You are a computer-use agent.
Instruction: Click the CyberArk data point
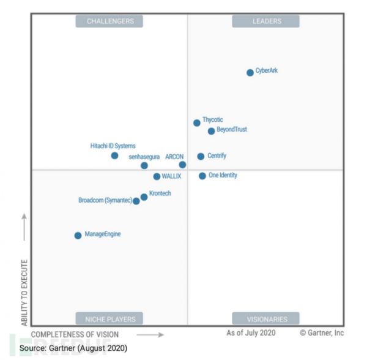(x=250, y=73)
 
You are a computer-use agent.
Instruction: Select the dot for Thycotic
(x=196, y=123)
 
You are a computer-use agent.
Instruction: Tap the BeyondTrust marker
(x=211, y=131)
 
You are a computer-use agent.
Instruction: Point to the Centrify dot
(x=201, y=157)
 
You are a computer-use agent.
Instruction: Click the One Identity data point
(x=202, y=176)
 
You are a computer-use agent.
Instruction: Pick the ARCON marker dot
(x=182, y=165)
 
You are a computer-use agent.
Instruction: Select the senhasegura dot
(x=144, y=165)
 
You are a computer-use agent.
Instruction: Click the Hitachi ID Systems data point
(x=114, y=156)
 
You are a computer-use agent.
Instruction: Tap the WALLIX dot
(x=157, y=177)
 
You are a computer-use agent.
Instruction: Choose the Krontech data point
(x=144, y=197)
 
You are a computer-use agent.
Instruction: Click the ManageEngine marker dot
(x=78, y=236)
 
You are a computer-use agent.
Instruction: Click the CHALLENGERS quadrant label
(x=110, y=21)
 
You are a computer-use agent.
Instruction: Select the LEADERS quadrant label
(x=267, y=21)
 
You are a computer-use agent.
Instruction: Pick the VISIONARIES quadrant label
(x=267, y=318)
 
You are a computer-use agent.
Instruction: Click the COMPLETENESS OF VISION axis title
(x=75, y=335)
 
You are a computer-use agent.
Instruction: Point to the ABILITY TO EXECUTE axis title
(x=24, y=292)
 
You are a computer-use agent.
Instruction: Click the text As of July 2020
(x=251, y=333)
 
